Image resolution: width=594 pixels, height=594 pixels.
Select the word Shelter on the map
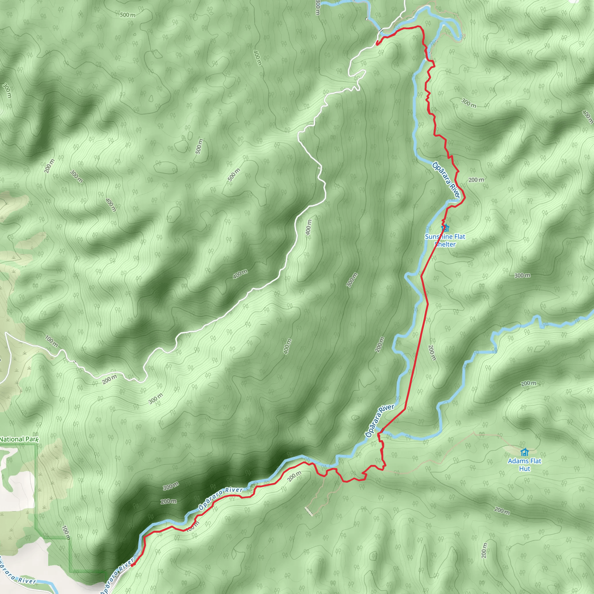(x=445, y=245)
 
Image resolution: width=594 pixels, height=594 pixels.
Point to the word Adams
(x=516, y=461)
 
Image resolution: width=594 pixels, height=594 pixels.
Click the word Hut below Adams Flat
(x=524, y=469)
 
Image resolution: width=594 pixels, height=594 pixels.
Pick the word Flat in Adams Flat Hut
(x=534, y=461)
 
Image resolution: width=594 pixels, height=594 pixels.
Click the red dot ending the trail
(x=132, y=565)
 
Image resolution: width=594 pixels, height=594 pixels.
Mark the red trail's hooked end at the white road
(x=377, y=43)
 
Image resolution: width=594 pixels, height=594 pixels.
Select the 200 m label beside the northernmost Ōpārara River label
(x=476, y=180)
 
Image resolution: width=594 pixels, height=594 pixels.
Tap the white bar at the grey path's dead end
(x=309, y=512)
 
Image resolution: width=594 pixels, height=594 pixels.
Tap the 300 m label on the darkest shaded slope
(x=171, y=486)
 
